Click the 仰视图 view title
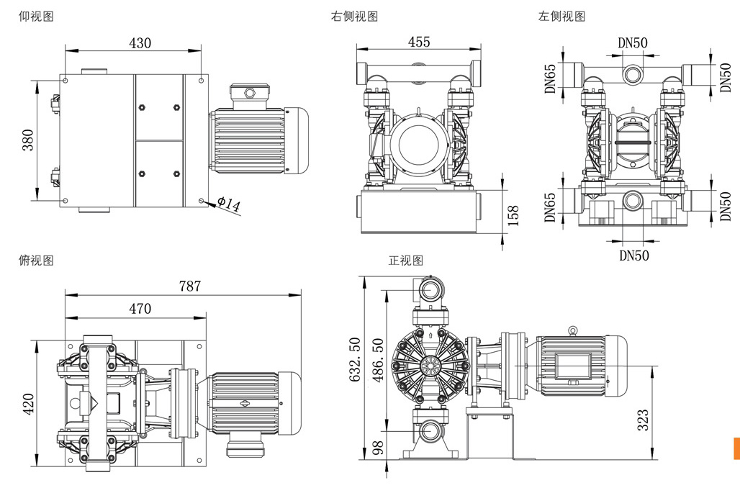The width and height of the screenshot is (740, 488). [35, 16]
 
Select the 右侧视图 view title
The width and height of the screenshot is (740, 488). [354, 16]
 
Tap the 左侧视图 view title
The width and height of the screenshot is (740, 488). [561, 16]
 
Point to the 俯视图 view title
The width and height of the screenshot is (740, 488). [35, 260]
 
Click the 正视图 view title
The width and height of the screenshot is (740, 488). [406, 260]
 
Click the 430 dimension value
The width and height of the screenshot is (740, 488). [140, 42]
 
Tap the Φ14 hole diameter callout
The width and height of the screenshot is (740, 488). [228, 204]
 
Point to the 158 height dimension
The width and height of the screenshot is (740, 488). [513, 215]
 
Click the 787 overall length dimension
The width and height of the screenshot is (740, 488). [189, 286]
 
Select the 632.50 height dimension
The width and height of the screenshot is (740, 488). [353, 360]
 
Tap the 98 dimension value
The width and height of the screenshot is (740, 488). [376, 448]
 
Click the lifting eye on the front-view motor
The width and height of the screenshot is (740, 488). [573, 330]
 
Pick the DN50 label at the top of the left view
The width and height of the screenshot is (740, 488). [633, 42]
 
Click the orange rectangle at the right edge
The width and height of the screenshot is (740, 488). [736, 448]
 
